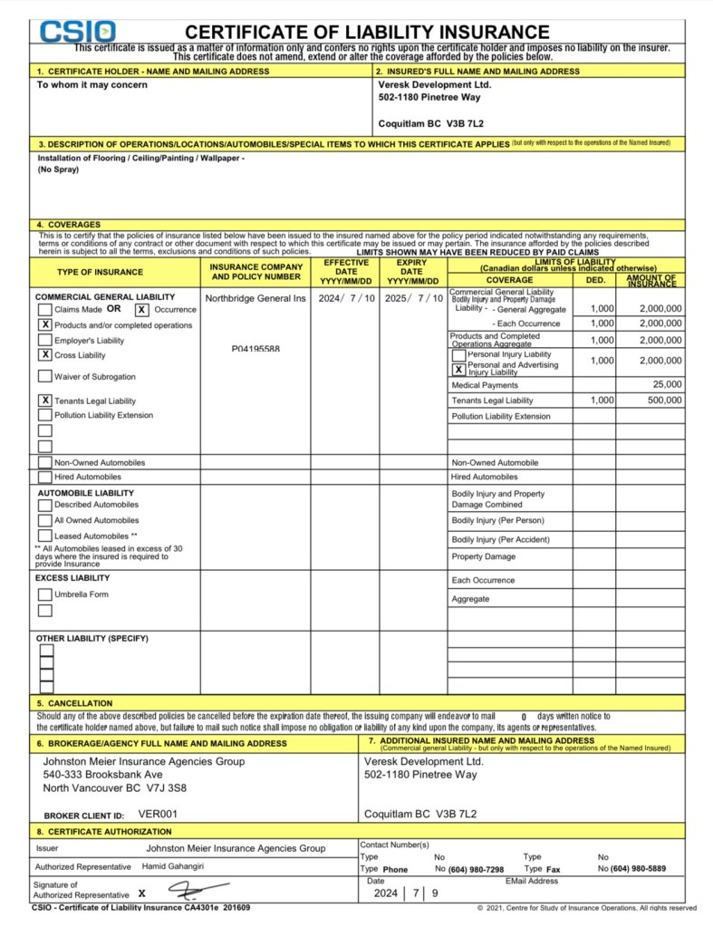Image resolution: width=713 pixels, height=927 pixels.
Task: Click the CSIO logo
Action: coord(78,32)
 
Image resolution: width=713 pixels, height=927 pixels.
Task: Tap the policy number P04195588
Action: coord(256,349)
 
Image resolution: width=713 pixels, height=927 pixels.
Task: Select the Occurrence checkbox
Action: coord(141,310)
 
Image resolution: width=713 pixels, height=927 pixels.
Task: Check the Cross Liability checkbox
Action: coord(44,355)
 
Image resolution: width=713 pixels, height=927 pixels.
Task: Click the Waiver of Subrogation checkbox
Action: coord(44,376)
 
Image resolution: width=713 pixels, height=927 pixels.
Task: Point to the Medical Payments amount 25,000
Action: coord(666,385)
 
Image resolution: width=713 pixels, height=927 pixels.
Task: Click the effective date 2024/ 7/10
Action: coord(344,297)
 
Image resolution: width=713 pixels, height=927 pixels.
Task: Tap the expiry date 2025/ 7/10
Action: coord(412,297)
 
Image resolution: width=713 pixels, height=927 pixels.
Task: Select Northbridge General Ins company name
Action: coord(255,297)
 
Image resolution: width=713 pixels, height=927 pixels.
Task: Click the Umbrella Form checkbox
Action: coord(44,594)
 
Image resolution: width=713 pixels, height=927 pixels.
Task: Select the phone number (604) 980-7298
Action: coord(476,869)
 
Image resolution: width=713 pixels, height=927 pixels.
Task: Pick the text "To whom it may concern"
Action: coord(92,85)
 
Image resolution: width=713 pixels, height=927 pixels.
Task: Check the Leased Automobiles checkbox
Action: coord(44,536)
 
